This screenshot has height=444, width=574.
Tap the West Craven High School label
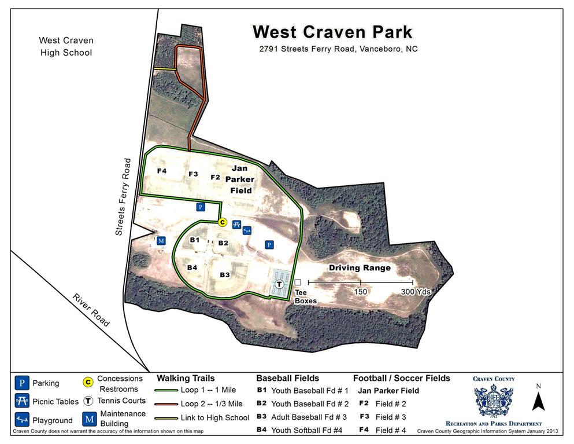tap(66, 46)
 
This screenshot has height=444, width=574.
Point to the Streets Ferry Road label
tap(124, 197)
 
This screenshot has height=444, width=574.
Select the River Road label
tap(91, 310)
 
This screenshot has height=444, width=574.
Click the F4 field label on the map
tap(162, 171)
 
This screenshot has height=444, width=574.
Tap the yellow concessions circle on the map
tap(222, 221)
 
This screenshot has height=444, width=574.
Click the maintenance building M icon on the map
tap(161, 240)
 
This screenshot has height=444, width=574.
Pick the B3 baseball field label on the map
tap(225, 274)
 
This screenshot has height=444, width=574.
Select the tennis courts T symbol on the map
tap(280, 284)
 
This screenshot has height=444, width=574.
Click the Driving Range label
tap(360, 268)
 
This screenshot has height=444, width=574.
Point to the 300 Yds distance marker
tap(416, 292)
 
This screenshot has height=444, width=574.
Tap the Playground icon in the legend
tap(22, 420)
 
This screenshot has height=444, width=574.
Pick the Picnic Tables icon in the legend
tap(22, 401)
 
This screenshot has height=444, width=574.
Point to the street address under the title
tap(338, 49)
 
